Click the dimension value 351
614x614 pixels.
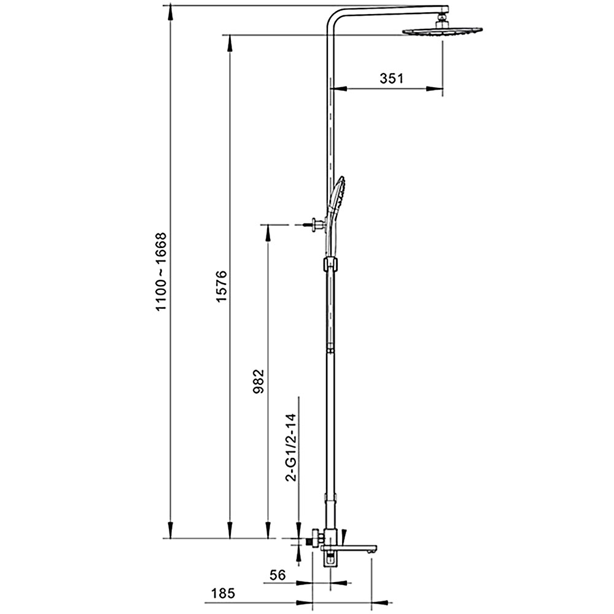coord(391,78)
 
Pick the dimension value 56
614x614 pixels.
coord(278,575)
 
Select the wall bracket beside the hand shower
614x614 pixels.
coord(317,225)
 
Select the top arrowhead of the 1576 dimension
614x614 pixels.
coord(230,41)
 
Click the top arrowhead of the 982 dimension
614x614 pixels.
coord(268,231)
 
